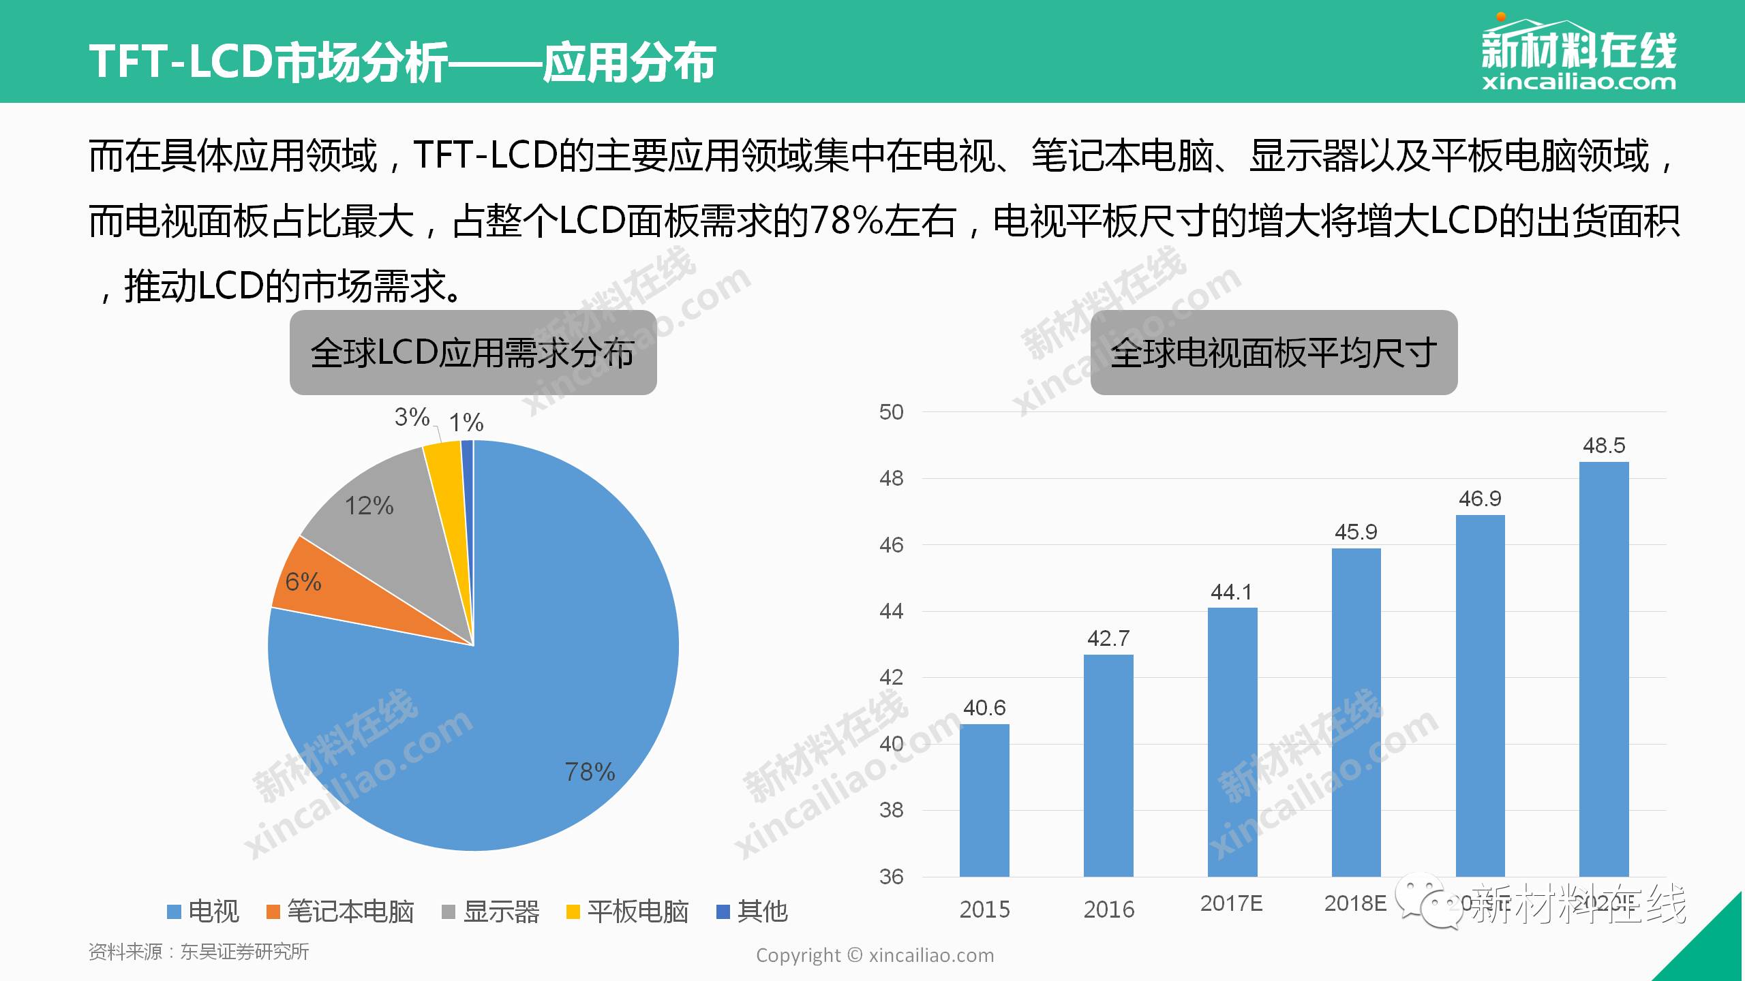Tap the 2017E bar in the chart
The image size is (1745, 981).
click(1232, 742)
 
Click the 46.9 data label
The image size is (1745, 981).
click(1480, 499)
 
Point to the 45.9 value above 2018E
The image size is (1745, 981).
click(1356, 532)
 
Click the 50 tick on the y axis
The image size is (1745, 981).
click(891, 412)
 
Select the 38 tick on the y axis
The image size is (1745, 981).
click(891, 810)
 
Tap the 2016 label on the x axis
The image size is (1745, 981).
click(1109, 909)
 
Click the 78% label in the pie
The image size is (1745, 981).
click(590, 772)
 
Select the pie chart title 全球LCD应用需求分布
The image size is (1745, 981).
click(473, 353)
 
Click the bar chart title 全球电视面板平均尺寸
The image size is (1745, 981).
click(1273, 353)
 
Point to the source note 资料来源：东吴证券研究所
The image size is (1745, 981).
click(198, 952)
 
